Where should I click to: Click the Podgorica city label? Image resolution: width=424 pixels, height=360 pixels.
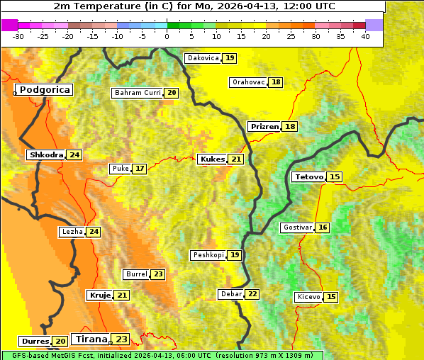[x=44, y=90]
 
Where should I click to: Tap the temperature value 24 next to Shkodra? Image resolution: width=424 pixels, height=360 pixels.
[x=74, y=154]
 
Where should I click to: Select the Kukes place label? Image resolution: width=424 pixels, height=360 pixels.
[x=212, y=159]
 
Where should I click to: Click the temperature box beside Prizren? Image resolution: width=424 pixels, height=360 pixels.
[x=289, y=127]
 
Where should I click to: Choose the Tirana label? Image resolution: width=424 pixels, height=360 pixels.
[x=90, y=339]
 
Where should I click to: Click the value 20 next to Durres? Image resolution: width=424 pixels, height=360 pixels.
[x=60, y=342]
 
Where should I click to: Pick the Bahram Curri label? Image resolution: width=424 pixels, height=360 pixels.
[x=138, y=93]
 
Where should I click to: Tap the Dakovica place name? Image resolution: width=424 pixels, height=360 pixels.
[x=202, y=58]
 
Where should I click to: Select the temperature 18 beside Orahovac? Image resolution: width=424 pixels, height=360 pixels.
[x=276, y=82]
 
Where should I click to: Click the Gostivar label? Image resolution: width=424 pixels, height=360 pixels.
[x=296, y=227]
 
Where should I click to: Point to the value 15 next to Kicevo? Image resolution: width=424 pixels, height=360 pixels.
[x=331, y=297]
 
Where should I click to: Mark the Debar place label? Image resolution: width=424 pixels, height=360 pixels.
[x=230, y=294]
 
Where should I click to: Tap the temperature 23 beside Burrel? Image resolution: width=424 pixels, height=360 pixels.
[x=157, y=274]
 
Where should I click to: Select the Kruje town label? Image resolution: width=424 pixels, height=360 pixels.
[x=99, y=295]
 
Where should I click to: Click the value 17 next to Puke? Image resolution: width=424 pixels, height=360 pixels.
[x=140, y=169]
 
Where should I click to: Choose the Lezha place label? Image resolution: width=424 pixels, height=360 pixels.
[x=72, y=232]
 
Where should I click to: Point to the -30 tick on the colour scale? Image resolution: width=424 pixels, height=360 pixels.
[x=18, y=36]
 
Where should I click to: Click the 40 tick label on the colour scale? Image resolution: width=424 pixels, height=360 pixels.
[x=365, y=36]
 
